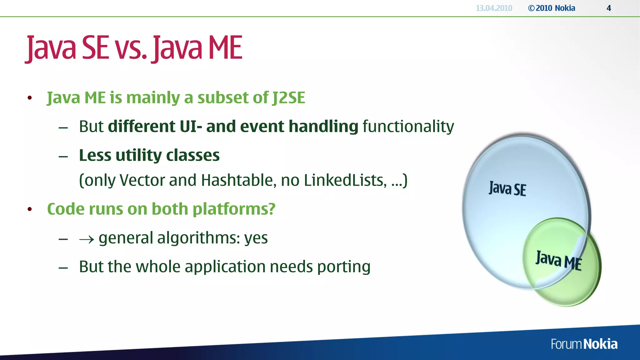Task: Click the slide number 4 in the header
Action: tap(608, 8)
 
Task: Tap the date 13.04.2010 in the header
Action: tap(494, 8)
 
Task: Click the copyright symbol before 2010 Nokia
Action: tap(531, 8)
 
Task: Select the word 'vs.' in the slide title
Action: tap(131, 48)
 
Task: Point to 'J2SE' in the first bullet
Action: tap(288, 97)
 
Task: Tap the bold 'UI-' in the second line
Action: tap(191, 126)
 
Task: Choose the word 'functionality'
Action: tap(408, 127)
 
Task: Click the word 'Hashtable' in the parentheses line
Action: tap(238, 180)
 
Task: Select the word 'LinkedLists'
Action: tap(345, 180)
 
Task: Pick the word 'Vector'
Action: tap(142, 180)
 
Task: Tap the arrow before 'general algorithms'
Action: tap(87, 239)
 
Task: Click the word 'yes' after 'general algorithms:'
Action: tap(256, 238)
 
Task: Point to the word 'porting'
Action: tap(344, 267)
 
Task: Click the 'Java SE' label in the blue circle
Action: tap(507, 189)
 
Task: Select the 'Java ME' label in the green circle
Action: tap(558, 260)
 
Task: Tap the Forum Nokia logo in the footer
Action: tap(584, 344)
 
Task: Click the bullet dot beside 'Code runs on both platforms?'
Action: tap(30, 209)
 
